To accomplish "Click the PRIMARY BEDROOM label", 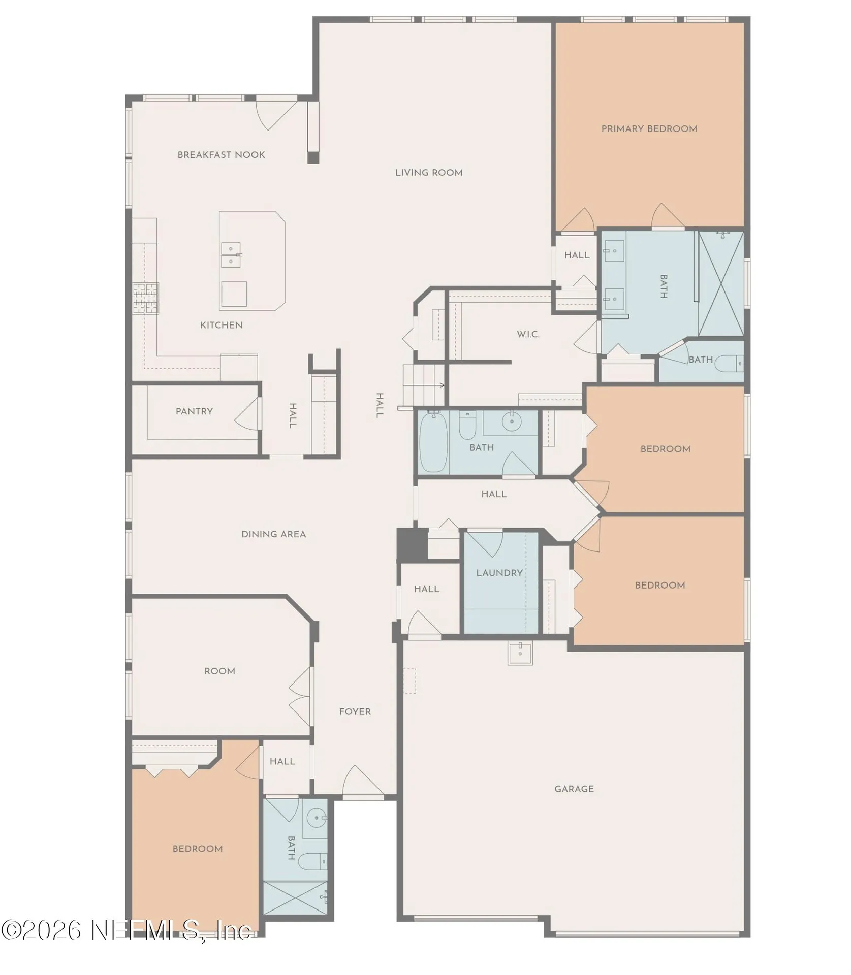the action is tap(649, 129).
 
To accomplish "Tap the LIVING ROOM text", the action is tap(429, 173).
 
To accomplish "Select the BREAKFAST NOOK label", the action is tap(221, 155).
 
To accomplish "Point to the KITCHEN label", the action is tap(221, 325).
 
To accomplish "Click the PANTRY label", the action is tap(194, 411).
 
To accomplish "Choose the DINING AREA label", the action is tap(273, 534).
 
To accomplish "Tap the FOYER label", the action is tap(355, 712).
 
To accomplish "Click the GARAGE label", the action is tap(574, 789).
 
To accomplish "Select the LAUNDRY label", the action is tap(499, 573).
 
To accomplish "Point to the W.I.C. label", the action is tap(528, 334).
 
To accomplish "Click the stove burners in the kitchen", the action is tap(146, 298).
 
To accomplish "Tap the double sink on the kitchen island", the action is tap(231, 255).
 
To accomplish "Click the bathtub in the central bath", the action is tap(433, 442).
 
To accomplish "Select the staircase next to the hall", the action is tap(424, 384).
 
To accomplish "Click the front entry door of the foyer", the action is tap(363, 783).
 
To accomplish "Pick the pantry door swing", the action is tap(248, 412).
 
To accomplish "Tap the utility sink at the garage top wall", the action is tap(520, 653).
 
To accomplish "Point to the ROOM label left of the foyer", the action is tap(219, 671).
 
